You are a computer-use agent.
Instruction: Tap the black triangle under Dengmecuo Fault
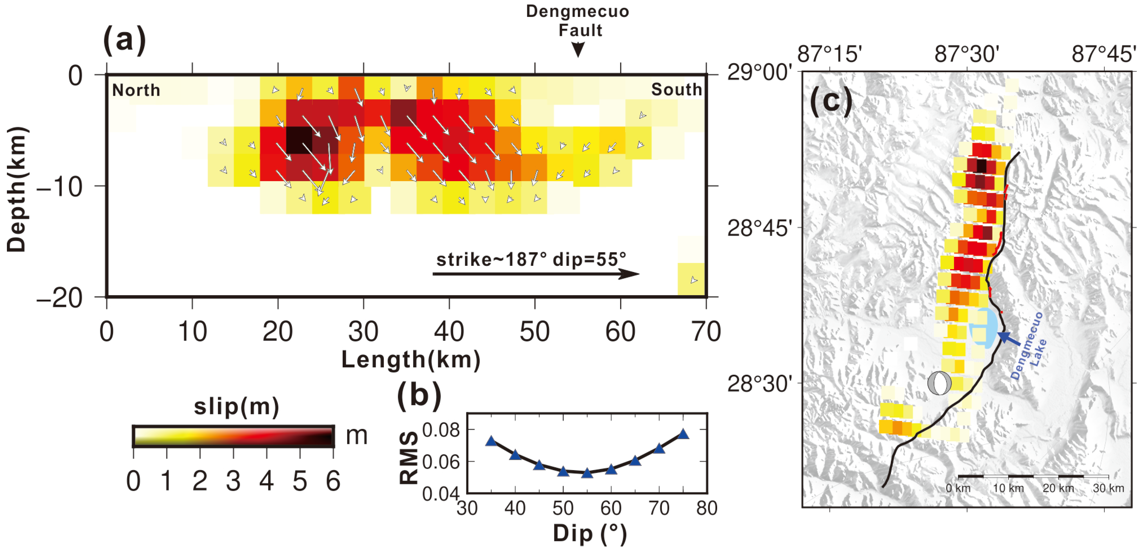578,49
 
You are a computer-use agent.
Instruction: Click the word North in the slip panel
136,90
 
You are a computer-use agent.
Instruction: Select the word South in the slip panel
676,90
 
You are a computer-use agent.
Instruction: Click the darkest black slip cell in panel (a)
299,140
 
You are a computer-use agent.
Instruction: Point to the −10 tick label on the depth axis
60,187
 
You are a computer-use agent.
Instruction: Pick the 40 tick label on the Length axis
449,331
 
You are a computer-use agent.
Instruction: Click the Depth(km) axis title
17,189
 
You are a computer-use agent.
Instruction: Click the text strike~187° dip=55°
531,260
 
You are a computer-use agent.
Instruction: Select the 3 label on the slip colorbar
233,481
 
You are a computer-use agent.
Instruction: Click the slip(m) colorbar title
236,406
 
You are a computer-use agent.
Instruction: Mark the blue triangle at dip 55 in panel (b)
587,473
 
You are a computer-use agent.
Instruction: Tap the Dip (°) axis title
590,534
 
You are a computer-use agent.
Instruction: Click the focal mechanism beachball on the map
939,383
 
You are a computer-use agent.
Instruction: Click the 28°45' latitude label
759,228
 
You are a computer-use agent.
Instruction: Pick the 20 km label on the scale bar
1058,488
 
